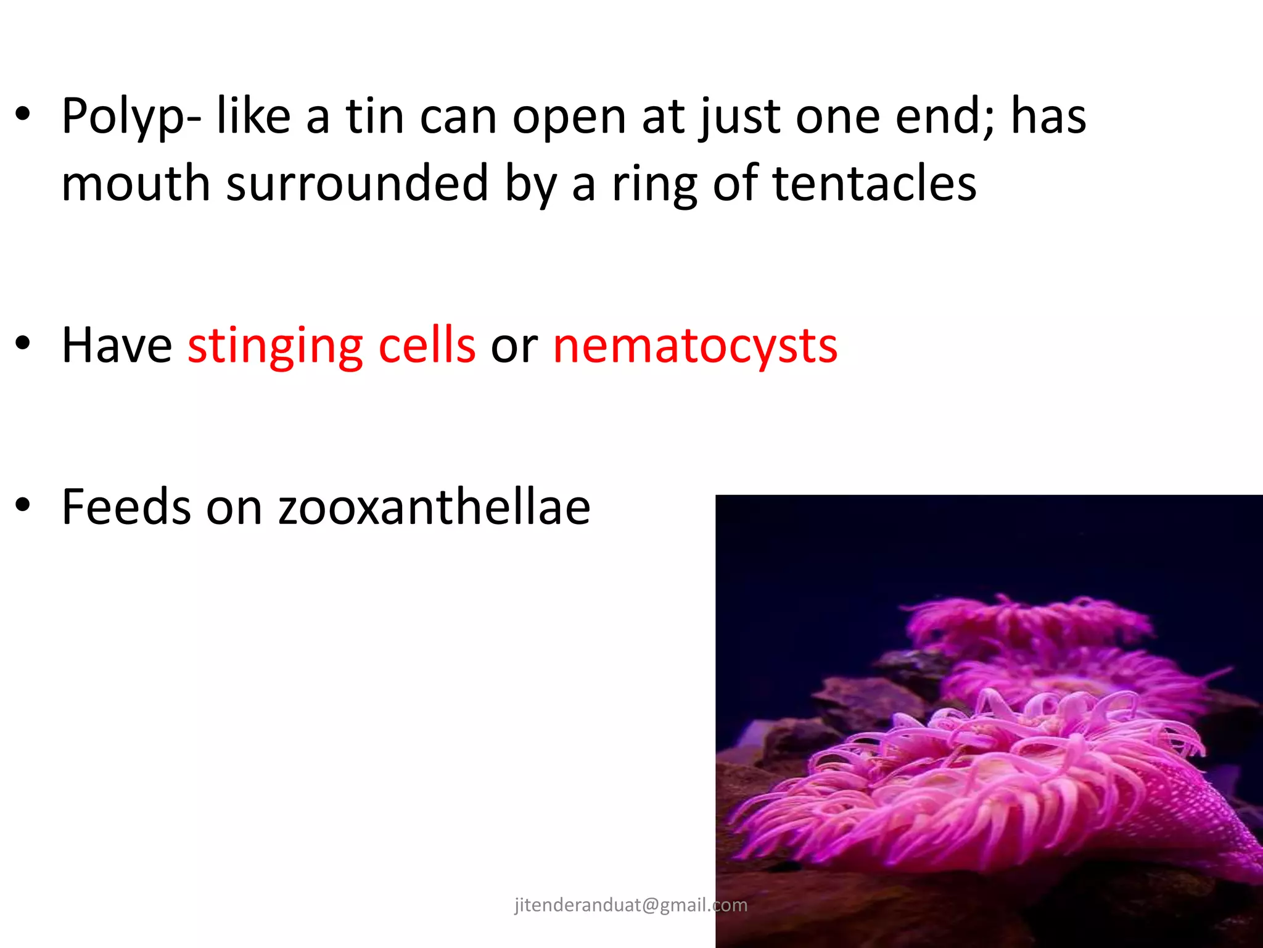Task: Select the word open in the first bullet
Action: click(569, 117)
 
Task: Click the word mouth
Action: click(136, 184)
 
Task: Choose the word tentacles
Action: click(874, 184)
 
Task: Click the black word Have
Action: click(117, 346)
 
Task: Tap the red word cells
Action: click(427, 346)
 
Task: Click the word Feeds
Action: click(126, 507)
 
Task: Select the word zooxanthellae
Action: click(434, 507)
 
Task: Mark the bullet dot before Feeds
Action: click(23, 505)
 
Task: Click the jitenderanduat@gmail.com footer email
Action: click(631, 905)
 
